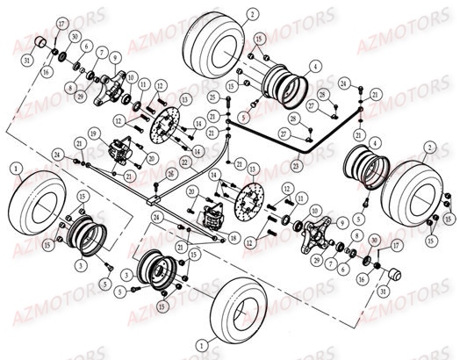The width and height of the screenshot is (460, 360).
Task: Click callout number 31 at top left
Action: [27, 60]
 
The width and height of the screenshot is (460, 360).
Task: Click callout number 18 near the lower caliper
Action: [234, 238]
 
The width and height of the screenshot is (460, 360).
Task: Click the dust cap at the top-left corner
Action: [40, 45]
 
